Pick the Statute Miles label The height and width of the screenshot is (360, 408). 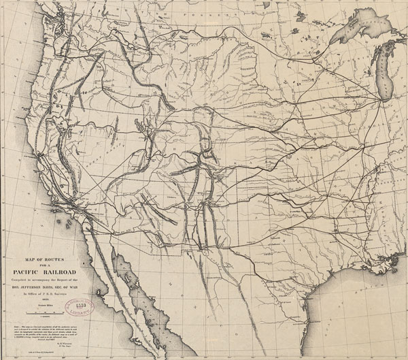pos(49,306)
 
